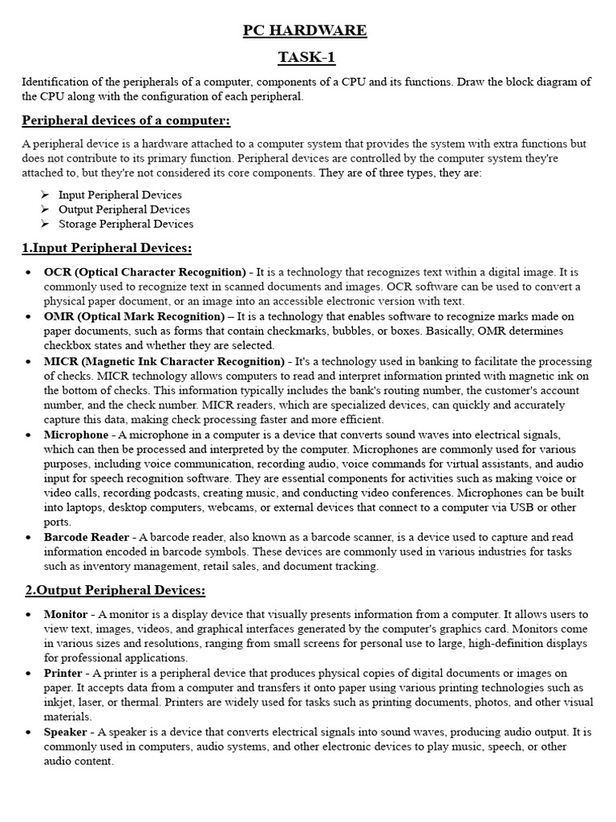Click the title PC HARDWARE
[x=305, y=31]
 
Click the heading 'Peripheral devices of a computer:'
[x=126, y=120]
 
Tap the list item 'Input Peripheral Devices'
[x=120, y=195]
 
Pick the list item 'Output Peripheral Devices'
[x=124, y=210]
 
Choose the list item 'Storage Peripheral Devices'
[x=126, y=224]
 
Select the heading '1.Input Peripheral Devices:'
[x=107, y=248]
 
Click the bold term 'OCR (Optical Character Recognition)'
[x=144, y=272]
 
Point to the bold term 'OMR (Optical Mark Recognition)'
[x=134, y=316]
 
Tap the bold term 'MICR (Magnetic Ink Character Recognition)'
[x=164, y=361]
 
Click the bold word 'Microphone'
[x=76, y=434]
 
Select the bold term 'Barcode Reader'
[x=86, y=537]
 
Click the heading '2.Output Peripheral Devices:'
[x=114, y=591]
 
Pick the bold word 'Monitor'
[x=66, y=614]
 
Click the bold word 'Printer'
[x=63, y=673]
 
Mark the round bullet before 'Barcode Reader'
[x=28, y=537]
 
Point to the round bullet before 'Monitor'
[x=28, y=614]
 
